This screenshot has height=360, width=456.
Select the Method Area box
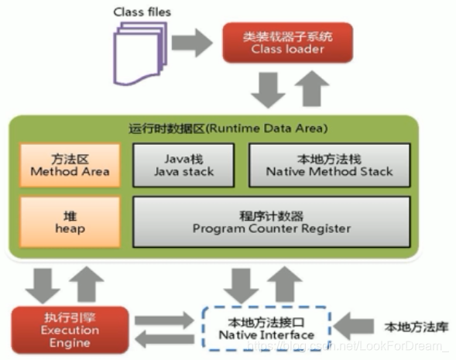[x=70, y=165]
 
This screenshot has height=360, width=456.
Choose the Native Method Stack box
[x=329, y=165]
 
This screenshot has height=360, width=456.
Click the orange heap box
[x=70, y=222]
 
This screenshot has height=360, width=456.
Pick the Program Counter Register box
[x=271, y=222]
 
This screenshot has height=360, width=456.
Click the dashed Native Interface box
[x=266, y=328]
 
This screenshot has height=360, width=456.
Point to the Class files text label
[x=142, y=12]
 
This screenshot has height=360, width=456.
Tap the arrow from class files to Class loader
[x=191, y=43]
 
